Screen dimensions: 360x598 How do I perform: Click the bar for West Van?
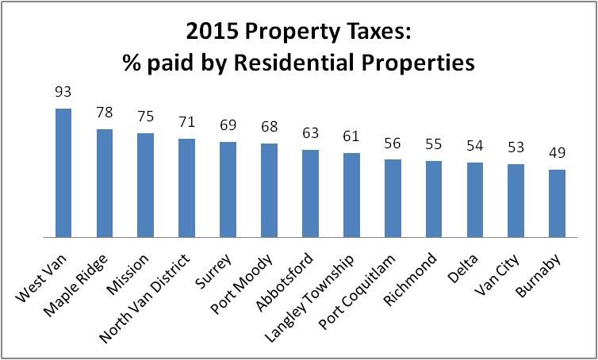click(x=63, y=173)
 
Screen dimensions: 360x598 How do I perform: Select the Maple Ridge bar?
click(x=105, y=183)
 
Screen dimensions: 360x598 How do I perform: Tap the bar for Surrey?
click(x=228, y=190)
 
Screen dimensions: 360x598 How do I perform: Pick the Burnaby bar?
click(x=557, y=203)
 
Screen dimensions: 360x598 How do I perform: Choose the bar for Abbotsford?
click(x=310, y=193)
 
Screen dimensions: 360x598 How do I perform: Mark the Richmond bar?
click(x=434, y=199)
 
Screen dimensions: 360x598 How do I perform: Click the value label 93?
click(x=63, y=94)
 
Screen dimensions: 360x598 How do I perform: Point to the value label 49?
click(x=557, y=155)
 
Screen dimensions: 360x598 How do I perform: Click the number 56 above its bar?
click(x=393, y=145)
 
